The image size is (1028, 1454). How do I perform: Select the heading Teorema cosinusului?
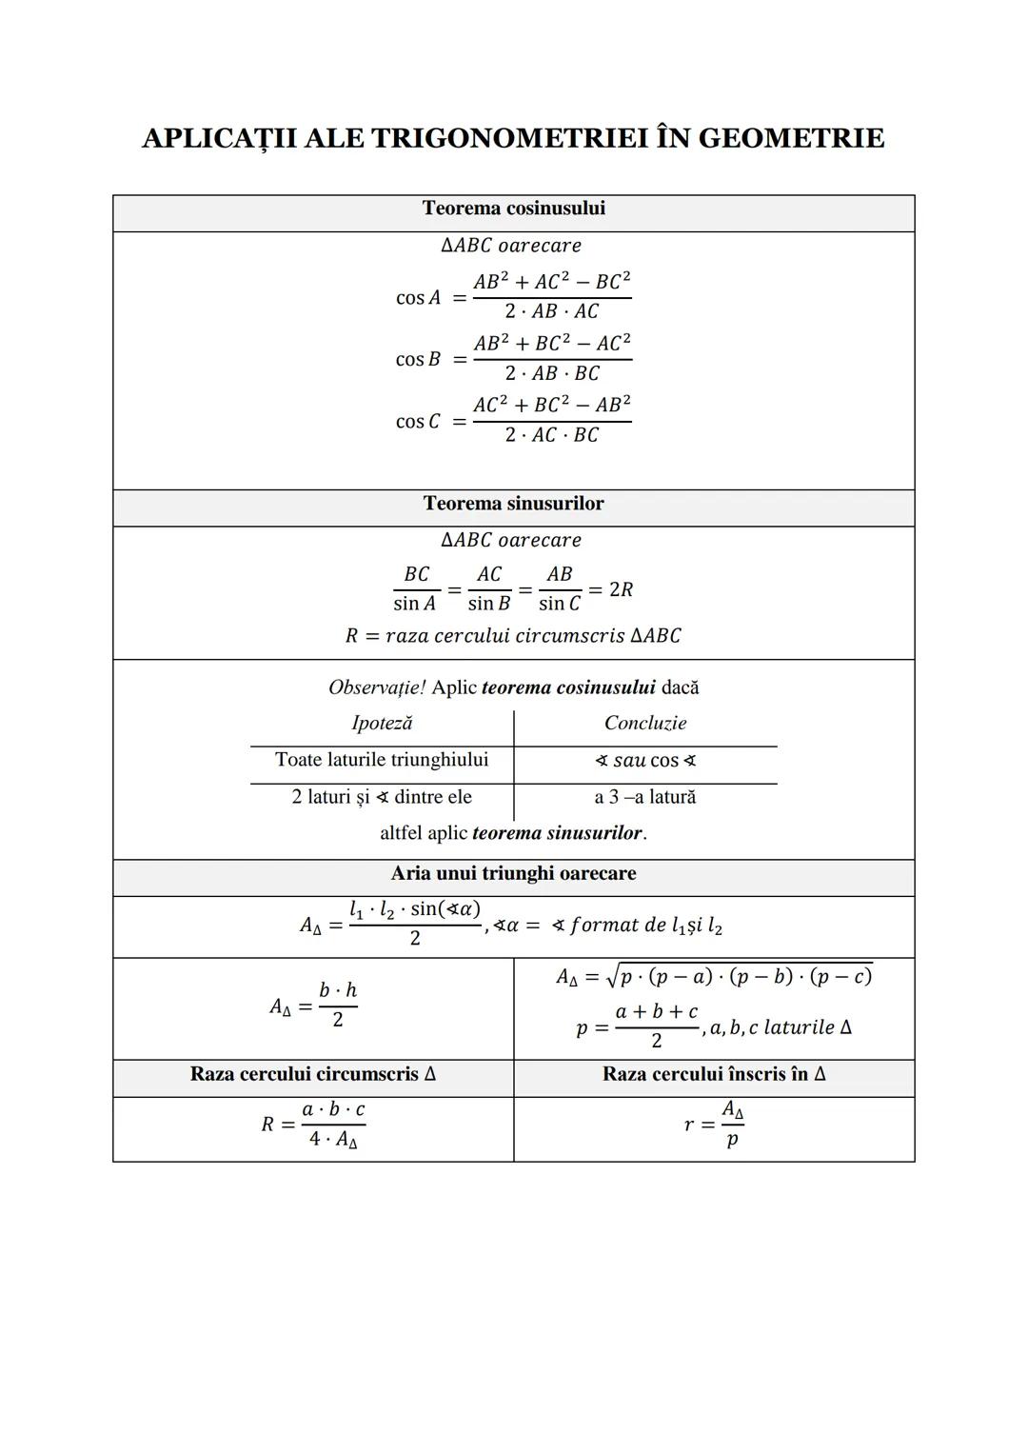[x=513, y=209]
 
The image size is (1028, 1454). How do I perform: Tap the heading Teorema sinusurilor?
[x=513, y=504]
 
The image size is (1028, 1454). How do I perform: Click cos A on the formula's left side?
[x=418, y=298]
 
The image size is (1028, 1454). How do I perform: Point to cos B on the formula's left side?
[x=418, y=360]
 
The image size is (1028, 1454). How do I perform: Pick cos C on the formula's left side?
[x=418, y=422]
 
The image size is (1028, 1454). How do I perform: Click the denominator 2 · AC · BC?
[x=552, y=436]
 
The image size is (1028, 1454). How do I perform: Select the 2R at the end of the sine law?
[x=621, y=590]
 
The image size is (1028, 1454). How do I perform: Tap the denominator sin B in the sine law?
[x=488, y=605]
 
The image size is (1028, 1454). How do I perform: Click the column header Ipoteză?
[x=382, y=724]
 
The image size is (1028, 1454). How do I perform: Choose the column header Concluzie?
[x=645, y=724]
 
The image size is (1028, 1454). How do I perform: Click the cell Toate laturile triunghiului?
[x=382, y=760]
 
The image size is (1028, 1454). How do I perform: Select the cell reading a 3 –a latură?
[x=645, y=797]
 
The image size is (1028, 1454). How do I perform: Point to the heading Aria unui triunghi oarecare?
[x=513, y=874]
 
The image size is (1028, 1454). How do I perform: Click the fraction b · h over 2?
[x=338, y=1006]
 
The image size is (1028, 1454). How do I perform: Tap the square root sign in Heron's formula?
[x=612, y=975]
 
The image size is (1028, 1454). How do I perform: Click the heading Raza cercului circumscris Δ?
[x=313, y=1075]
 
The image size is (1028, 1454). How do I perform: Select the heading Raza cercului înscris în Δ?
[x=714, y=1075]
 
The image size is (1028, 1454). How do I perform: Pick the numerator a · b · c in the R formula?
[x=333, y=1110]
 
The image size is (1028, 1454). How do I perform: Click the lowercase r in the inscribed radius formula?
[x=689, y=1125]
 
